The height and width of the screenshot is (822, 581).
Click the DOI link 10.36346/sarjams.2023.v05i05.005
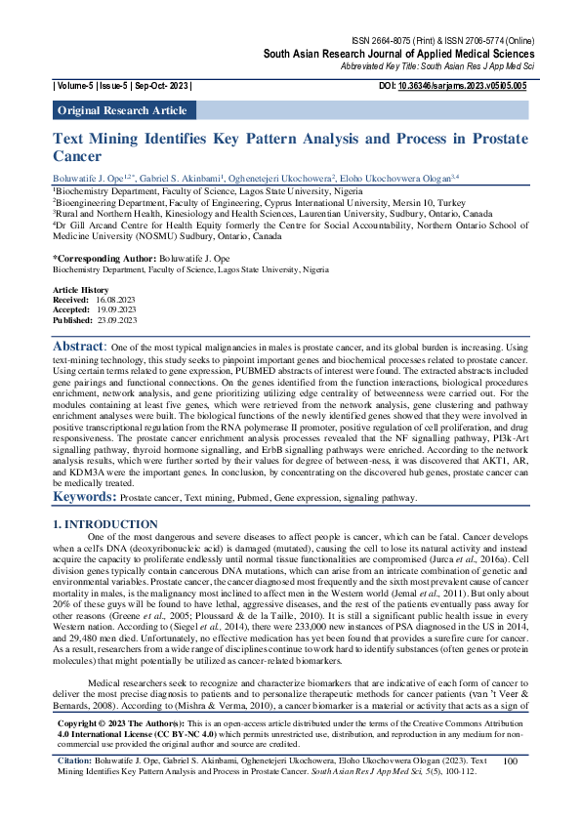(472, 86)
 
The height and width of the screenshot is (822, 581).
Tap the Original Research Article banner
(122, 110)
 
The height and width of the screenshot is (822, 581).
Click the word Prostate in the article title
(492, 140)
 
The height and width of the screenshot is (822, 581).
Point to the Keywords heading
(83, 497)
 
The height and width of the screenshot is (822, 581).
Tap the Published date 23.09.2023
(117, 320)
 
